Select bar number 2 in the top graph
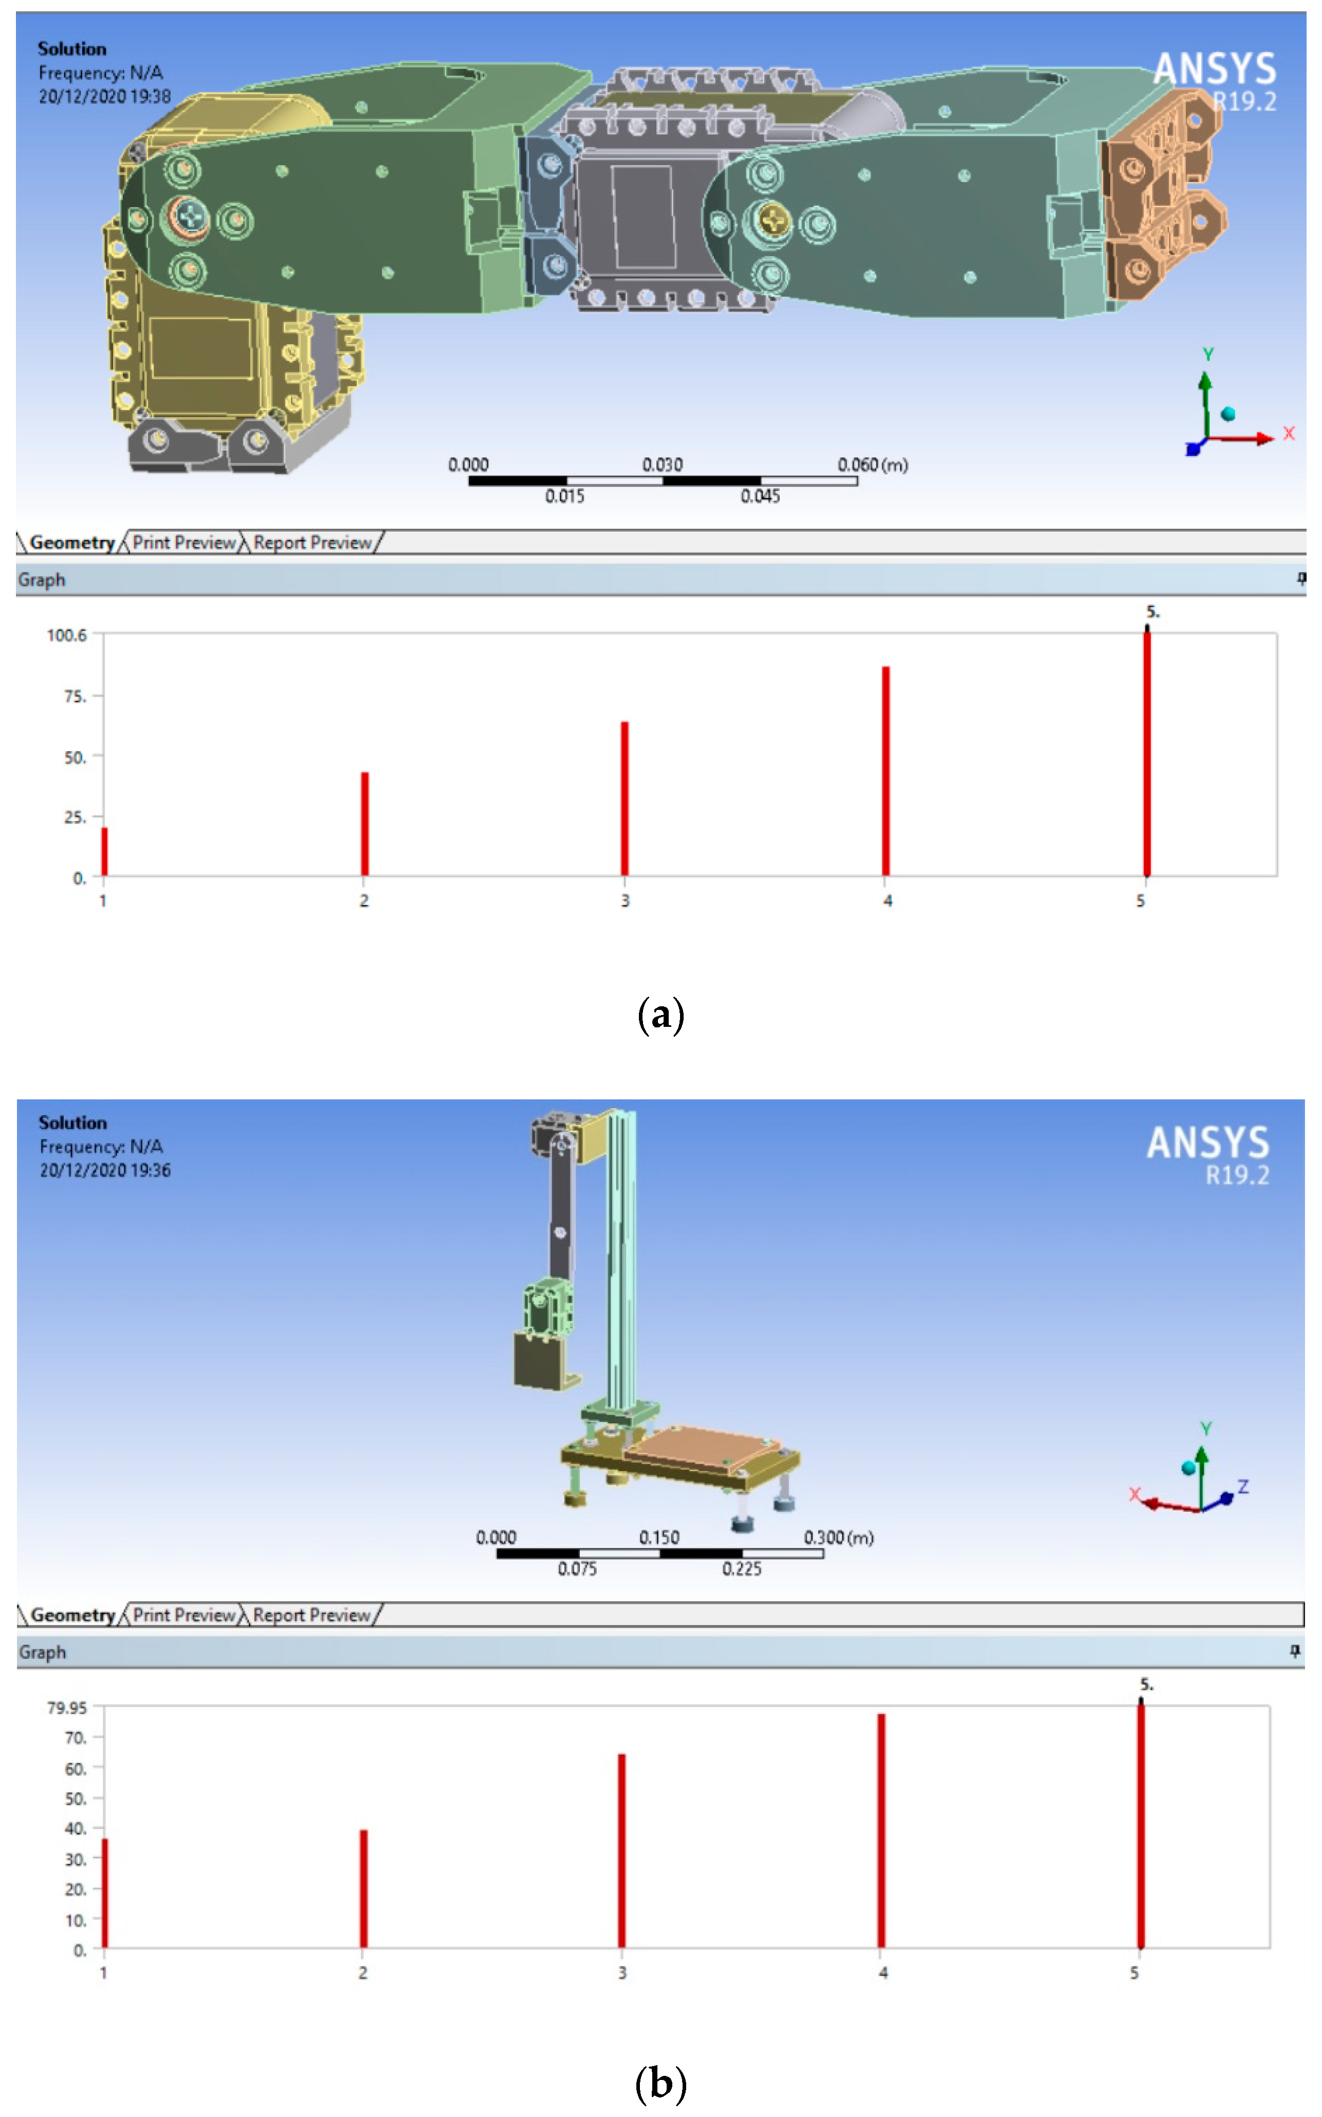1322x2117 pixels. coord(364,824)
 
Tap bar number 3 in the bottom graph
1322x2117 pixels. coord(621,1851)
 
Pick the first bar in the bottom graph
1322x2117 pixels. coord(105,1893)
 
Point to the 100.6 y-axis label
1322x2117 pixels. coord(66,635)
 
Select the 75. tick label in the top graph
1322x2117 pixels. coord(75,696)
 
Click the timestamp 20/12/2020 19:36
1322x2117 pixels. coord(105,1170)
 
